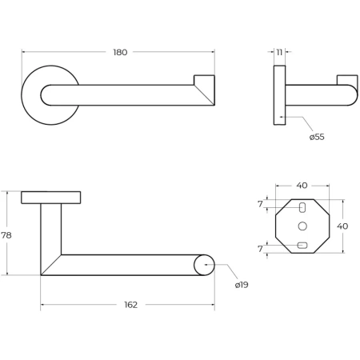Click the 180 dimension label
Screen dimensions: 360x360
tap(120, 52)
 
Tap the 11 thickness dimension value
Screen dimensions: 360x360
tap(279, 52)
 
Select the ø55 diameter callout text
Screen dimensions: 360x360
tap(317, 137)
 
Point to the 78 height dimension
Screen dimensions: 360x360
tap(6, 235)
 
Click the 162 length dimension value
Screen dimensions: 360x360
tap(130, 305)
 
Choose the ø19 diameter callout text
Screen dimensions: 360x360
tap(242, 285)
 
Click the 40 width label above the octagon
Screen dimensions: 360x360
tap(302, 186)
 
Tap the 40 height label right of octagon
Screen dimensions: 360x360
tap(342, 226)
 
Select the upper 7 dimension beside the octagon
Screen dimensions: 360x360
tap(260, 204)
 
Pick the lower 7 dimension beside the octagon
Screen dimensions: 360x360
tap(260, 249)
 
